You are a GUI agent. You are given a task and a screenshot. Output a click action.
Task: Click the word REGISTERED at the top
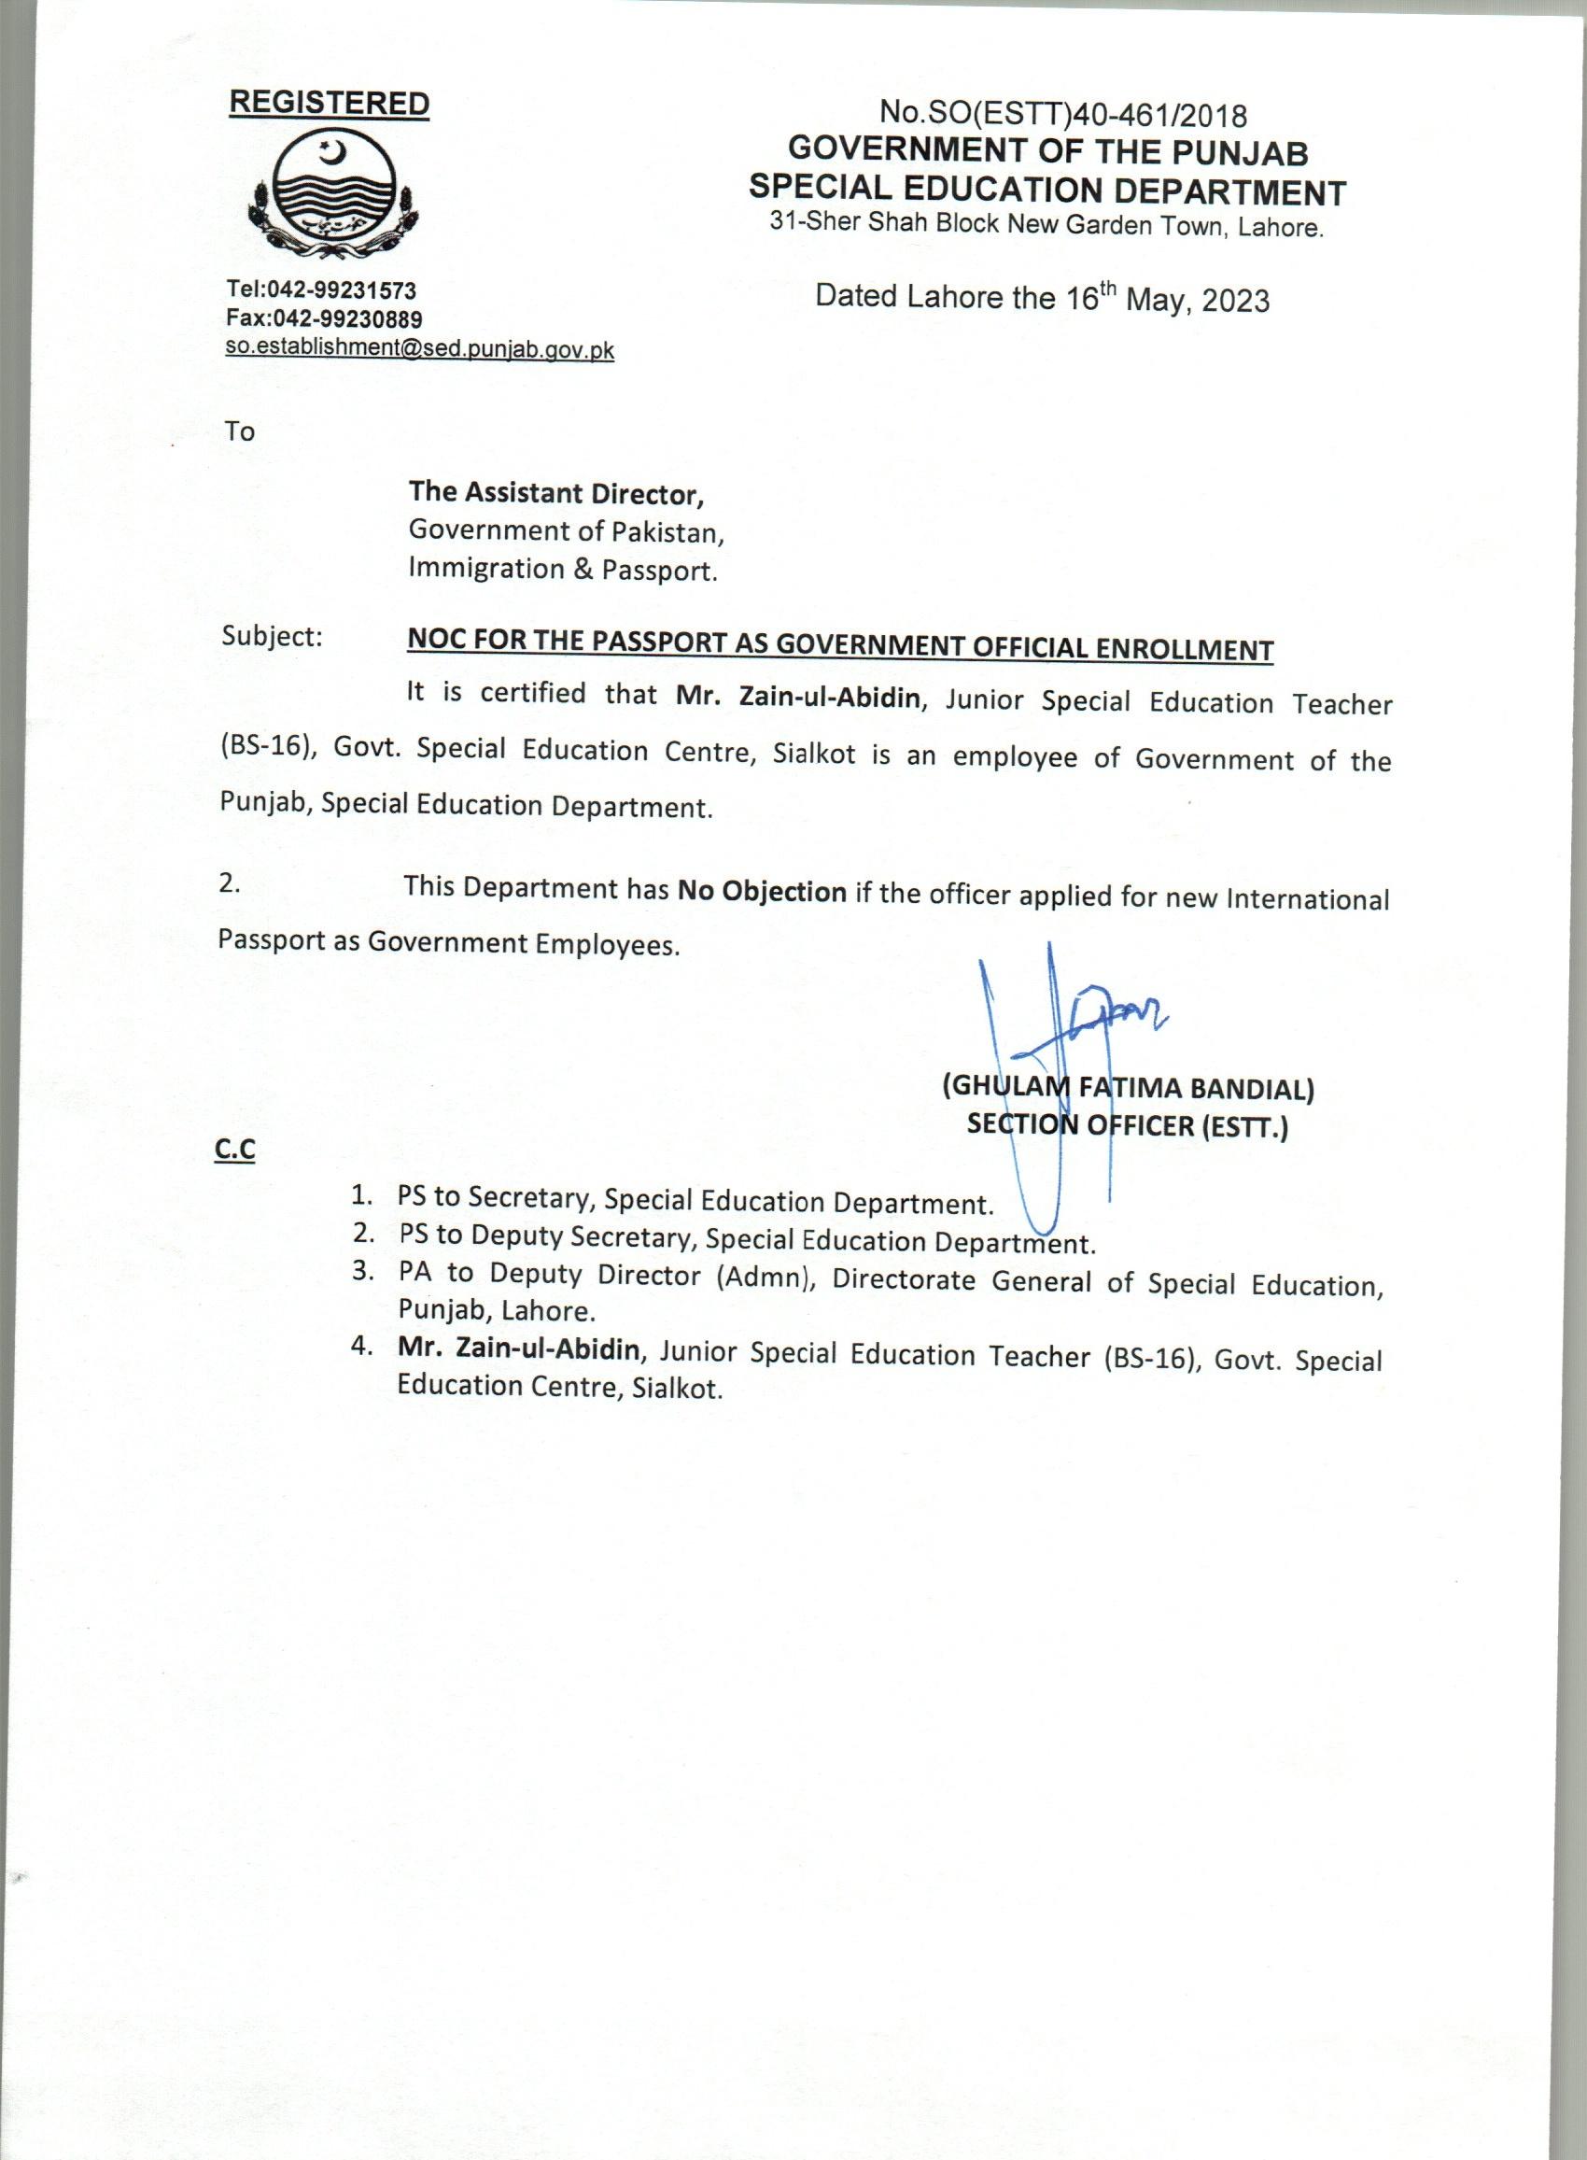[329, 104]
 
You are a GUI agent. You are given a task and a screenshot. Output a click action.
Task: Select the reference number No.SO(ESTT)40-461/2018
[1063, 115]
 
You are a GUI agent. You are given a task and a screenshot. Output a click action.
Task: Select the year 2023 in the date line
[1234, 301]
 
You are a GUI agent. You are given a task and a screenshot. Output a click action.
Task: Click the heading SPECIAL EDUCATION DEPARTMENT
[1047, 191]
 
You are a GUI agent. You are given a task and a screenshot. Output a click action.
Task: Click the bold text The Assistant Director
[556, 493]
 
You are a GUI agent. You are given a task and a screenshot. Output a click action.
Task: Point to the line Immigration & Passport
[563, 570]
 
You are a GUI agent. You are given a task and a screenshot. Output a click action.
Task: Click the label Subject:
[272, 636]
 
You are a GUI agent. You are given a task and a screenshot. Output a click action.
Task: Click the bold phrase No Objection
[762, 891]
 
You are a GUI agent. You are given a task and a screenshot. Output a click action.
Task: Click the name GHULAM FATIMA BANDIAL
[1128, 1088]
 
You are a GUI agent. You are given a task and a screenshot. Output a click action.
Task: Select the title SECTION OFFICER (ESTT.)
[1127, 1125]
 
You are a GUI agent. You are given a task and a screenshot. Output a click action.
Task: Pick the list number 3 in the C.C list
[362, 1270]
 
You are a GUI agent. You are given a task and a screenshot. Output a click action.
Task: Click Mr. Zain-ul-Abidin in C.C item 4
[519, 1348]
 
